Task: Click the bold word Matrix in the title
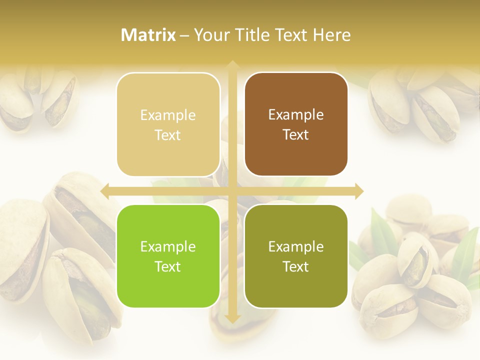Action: pyautogui.click(x=148, y=35)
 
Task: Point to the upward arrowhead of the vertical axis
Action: pyautogui.click(x=232, y=65)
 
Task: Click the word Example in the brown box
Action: pyautogui.click(x=296, y=115)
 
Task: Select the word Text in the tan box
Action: pyautogui.click(x=168, y=135)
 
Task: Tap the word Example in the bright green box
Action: pyautogui.click(x=168, y=247)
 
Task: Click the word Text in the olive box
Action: pyautogui.click(x=296, y=267)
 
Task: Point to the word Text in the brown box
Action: pyautogui.click(x=296, y=135)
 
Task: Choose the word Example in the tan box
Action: pyautogui.click(x=168, y=115)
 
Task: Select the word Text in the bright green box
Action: pyautogui.click(x=168, y=267)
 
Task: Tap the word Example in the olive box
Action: pyautogui.click(x=296, y=247)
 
